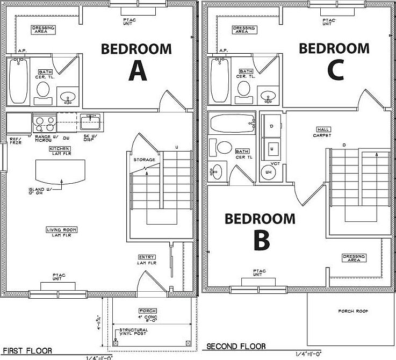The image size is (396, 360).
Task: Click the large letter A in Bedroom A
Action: click(x=138, y=71)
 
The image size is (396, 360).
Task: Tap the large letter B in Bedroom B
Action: click(x=261, y=241)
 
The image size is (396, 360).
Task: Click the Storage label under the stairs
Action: click(x=144, y=160)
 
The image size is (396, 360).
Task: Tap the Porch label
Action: click(x=148, y=311)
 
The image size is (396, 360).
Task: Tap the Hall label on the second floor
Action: click(x=323, y=129)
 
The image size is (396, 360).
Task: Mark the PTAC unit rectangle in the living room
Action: click(x=59, y=285)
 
